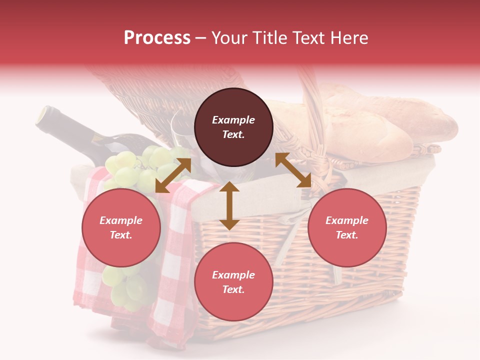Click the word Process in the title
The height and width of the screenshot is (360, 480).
click(157, 38)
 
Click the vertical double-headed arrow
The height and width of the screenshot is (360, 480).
click(229, 206)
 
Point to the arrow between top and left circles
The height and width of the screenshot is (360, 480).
click(173, 175)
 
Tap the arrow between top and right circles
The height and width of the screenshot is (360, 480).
click(293, 170)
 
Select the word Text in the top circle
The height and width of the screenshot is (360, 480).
click(233, 134)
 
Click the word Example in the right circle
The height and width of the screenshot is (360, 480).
click(347, 220)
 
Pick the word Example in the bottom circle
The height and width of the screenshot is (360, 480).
click(233, 275)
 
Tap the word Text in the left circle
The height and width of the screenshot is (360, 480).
click(121, 235)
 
